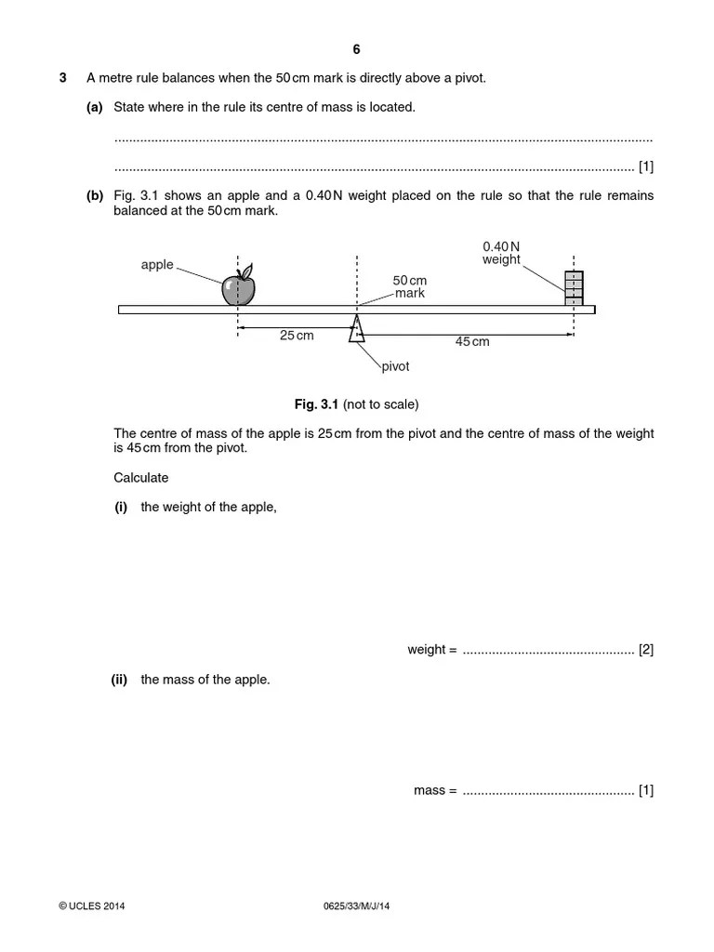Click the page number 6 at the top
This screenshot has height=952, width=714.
[356, 49]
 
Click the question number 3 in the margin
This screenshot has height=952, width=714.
[63, 78]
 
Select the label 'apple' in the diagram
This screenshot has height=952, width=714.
[157, 265]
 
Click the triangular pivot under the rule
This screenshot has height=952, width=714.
[356, 329]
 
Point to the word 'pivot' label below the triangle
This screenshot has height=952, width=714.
[395, 366]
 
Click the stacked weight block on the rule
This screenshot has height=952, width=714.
[574, 287]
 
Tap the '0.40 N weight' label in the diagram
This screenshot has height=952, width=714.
[501, 253]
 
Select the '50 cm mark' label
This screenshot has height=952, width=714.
[409, 286]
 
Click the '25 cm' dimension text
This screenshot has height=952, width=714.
[297, 336]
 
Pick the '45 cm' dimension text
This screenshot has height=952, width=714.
[471, 341]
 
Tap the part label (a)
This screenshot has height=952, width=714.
[94, 107]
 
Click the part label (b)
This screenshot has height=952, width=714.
[94, 196]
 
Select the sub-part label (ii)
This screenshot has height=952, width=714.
[119, 680]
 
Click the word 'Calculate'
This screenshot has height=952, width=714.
[141, 477]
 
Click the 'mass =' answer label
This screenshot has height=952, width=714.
[435, 791]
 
